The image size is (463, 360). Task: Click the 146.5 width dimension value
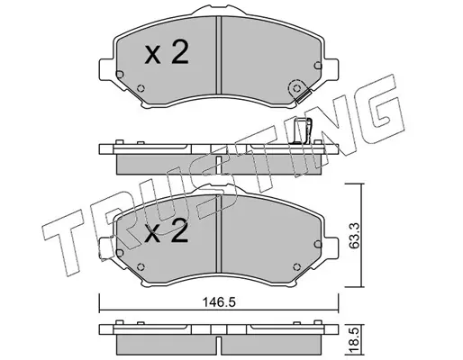[219, 302]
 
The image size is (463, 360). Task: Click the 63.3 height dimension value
[355, 236]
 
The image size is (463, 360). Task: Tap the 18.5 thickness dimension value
[355, 340]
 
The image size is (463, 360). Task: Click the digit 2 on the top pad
[180, 52]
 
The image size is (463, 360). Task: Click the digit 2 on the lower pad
[179, 230]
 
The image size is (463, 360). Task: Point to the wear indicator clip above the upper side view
[303, 130]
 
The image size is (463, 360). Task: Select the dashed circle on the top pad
[297, 88]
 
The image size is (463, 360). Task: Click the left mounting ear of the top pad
[106, 69]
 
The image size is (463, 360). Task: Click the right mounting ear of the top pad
[331, 69]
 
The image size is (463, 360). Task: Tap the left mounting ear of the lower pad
[106, 248]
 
